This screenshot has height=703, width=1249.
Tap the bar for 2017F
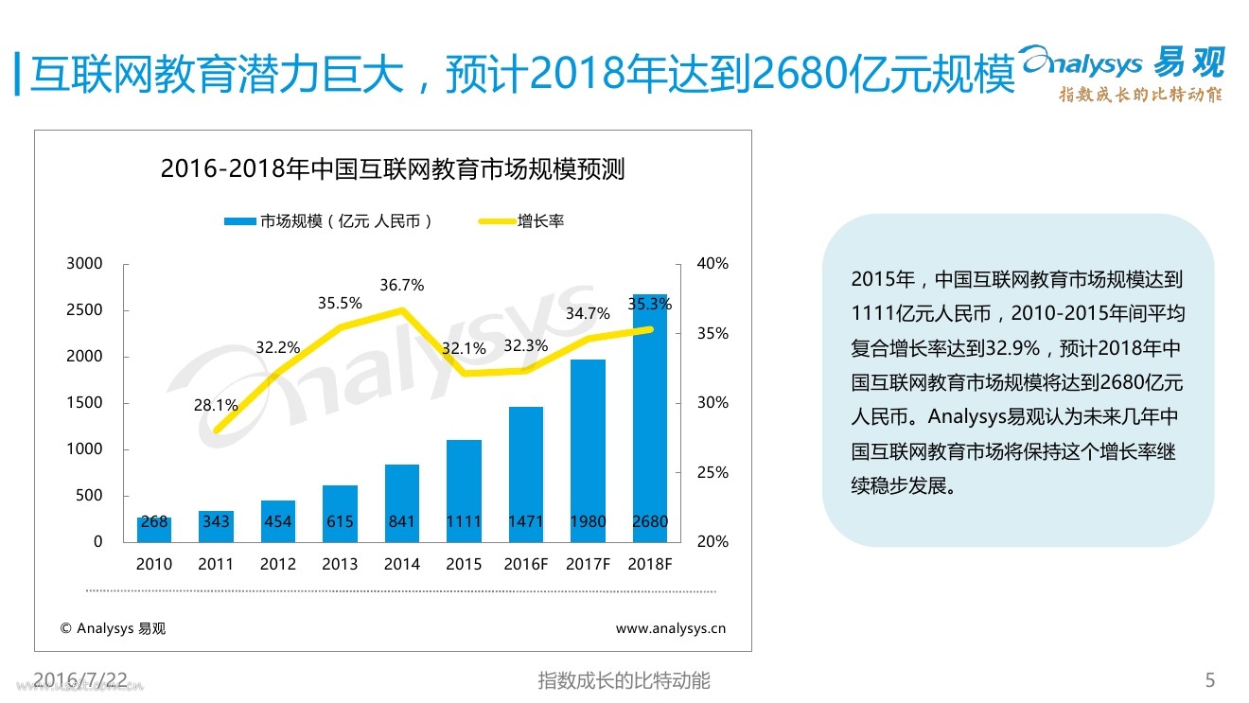click(588, 445)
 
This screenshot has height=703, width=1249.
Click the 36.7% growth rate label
click(402, 285)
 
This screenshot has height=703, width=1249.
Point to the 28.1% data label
click(216, 406)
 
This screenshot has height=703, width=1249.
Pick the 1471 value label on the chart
click(525, 521)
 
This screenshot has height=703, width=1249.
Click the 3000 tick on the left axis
click(84, 264)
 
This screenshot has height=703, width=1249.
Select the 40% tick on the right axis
click(712, 264)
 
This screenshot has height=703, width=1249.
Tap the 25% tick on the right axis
click(712, 472)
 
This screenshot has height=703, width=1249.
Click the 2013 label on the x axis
click(340, 564)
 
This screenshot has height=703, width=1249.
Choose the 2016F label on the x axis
click(525, 564)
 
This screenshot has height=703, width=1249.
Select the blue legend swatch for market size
click(239, 221)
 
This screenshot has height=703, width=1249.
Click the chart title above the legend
click(393, 169)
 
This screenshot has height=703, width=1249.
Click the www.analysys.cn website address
click(670, 627)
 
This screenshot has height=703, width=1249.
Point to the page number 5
click(1209, 679)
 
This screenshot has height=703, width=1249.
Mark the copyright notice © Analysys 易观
click(113, 627)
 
